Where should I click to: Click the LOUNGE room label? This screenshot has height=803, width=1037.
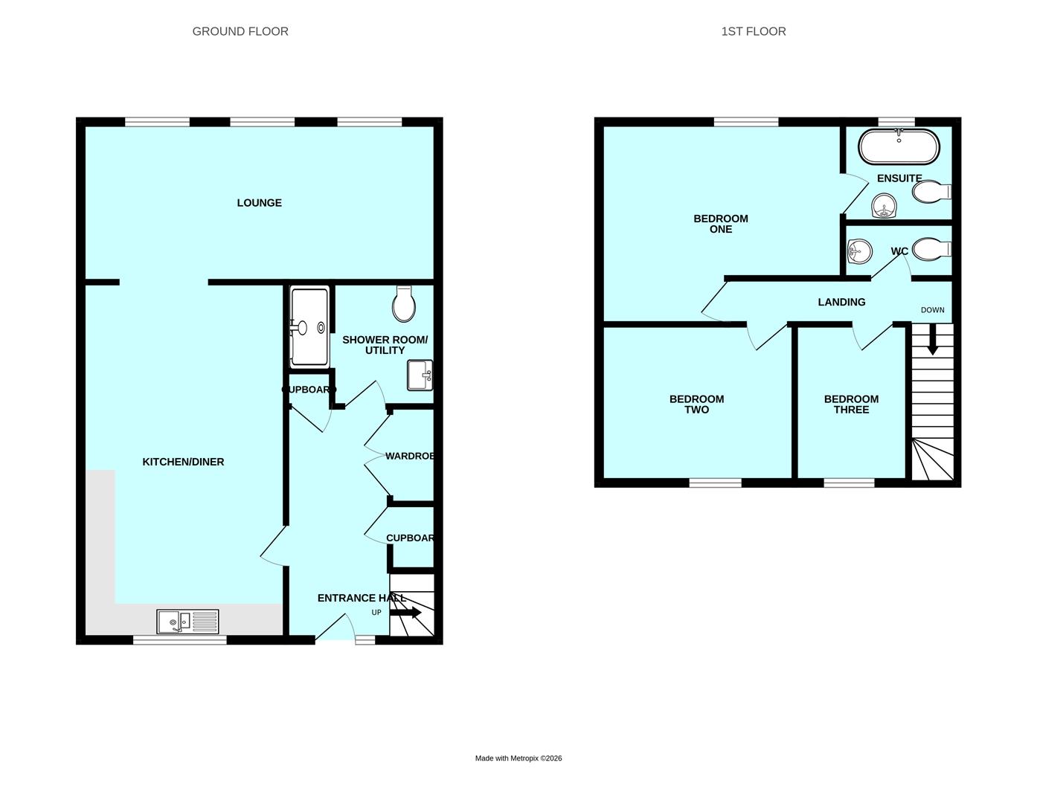click(x=259, y=203)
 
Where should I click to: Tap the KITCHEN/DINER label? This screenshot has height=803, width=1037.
click(x=183, y=462)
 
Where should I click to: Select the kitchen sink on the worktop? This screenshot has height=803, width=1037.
click(x=187, y=621)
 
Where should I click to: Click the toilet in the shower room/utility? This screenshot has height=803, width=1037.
click(x=404, y=304)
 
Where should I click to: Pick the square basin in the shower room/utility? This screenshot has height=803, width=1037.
click(x=420, y=375)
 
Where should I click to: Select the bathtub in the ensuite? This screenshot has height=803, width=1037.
click(x=899, y=147)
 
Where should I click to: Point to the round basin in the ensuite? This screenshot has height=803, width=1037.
click(x=884, y=205)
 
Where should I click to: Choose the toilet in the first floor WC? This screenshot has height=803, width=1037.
click(x=930, y=249)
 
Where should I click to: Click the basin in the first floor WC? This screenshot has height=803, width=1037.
click(x=859, y=251)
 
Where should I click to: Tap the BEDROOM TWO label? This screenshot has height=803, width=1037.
click(x=696, y=404)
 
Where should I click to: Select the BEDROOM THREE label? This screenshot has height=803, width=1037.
click(x=851, y=404)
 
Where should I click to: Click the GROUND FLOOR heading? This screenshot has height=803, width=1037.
click(x=240, y=31)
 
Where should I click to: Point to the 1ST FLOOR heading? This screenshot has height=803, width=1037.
click(x=753, y=31)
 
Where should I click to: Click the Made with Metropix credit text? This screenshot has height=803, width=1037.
click(x=518, y=758)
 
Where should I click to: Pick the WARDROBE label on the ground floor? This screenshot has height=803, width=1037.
click(x=410, y=456)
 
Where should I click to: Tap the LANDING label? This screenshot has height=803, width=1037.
click(x=841, y=302)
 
